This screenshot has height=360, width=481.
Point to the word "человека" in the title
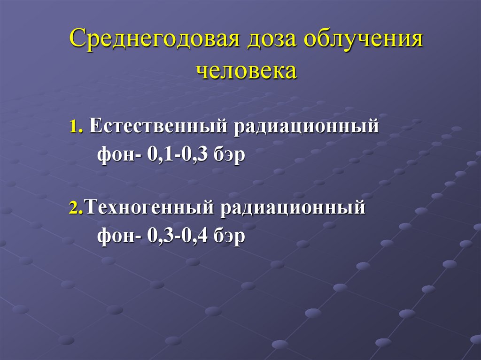246,70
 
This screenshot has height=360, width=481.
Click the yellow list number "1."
77,127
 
